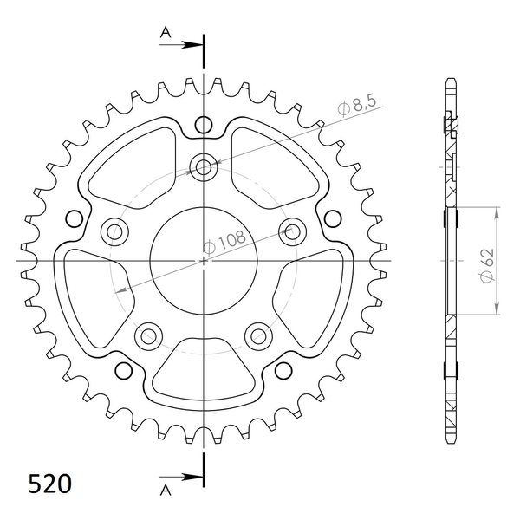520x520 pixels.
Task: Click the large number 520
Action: [49, 484]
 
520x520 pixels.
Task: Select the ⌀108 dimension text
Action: [224, 241]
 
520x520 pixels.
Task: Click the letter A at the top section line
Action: [166, 32]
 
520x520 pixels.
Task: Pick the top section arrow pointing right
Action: [181, 45]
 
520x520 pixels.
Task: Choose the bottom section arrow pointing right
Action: [181, 478]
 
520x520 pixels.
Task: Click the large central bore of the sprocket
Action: [204, 261]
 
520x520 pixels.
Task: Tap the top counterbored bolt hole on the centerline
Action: [204, 166]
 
